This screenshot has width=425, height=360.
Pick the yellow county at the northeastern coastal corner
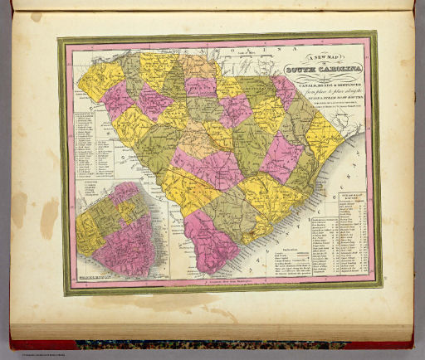[x=320, y=138]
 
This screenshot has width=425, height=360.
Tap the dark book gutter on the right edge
[x=415, y=166]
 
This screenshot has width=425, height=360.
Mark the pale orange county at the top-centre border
[x=199, y=66]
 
